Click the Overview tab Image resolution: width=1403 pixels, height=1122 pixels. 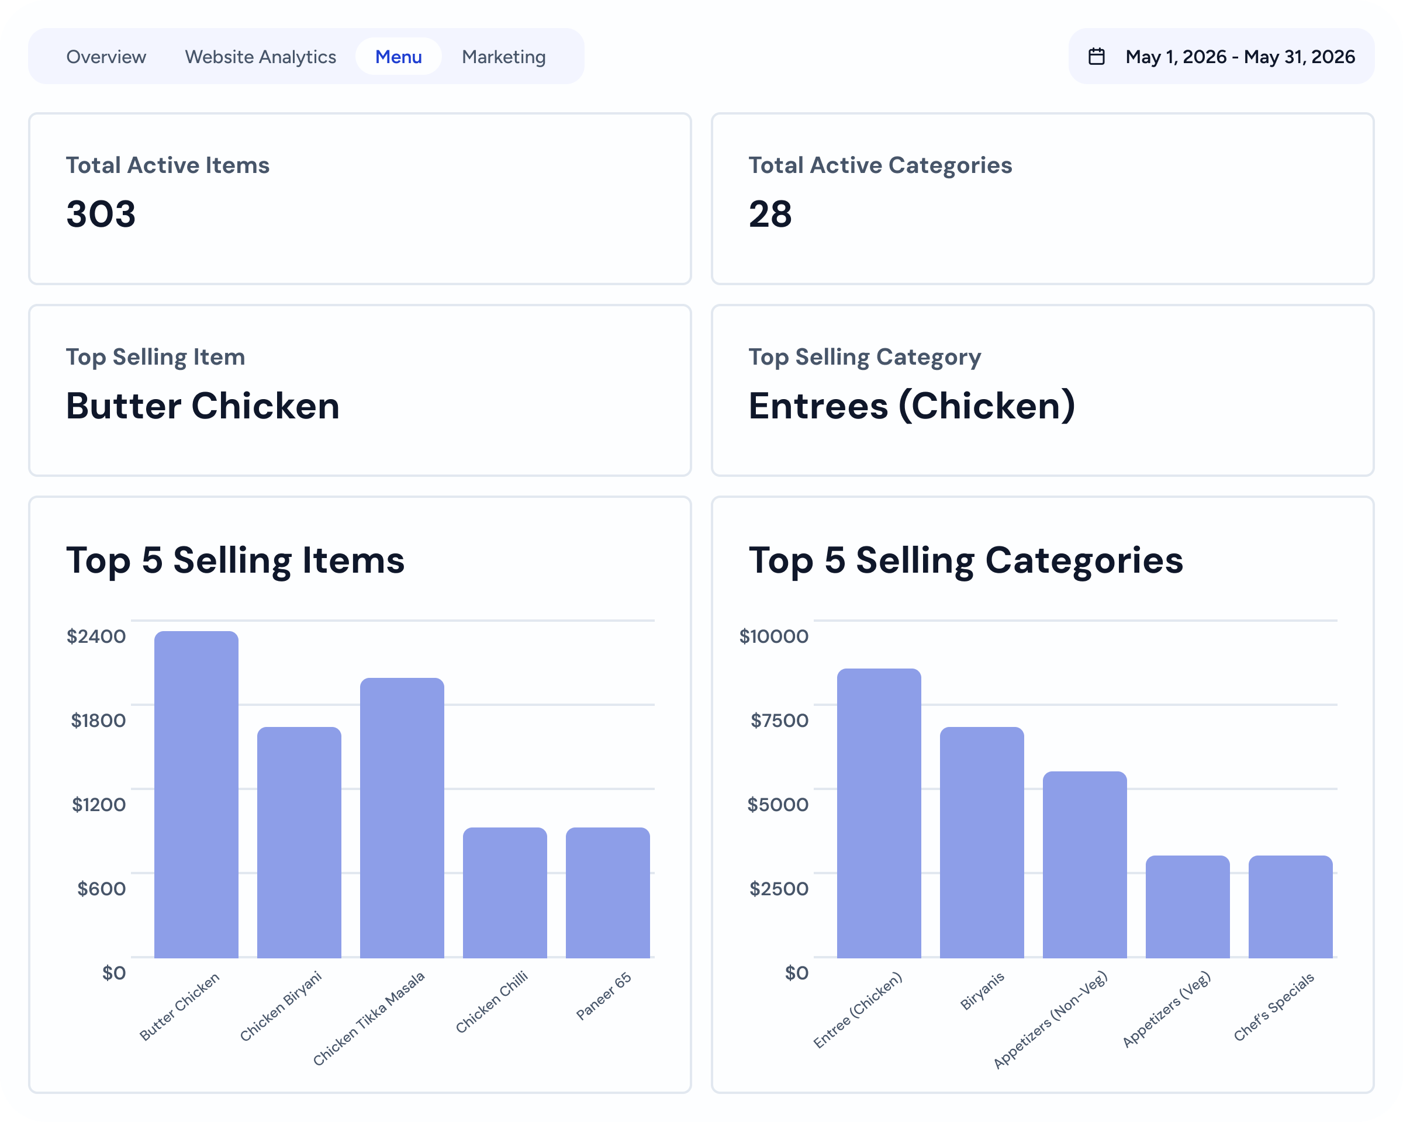pos(106,57)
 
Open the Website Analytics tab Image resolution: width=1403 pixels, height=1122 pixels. pos(260,57)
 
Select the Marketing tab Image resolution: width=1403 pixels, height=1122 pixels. pos(504,57)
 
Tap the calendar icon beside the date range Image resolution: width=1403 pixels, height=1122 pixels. pos(1097,57)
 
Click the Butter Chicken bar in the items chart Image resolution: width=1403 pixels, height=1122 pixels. pos(196,794)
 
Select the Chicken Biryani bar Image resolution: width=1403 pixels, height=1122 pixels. pos(299,842)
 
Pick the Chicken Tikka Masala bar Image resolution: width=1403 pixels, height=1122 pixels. pos(402,818)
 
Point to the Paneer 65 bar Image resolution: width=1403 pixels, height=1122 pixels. pos(608,892)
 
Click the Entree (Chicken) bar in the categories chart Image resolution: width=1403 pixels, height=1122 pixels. pos(879,813)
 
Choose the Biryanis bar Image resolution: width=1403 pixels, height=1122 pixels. pos(982,842)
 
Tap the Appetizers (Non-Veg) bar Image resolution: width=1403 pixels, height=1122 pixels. pos(1085,864)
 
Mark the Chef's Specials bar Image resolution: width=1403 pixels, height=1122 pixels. pos(1290,907)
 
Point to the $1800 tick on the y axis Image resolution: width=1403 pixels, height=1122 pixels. pos(98,720)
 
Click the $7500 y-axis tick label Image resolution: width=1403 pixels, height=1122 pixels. pos(779,720)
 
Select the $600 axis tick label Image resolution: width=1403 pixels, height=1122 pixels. pos(102,888)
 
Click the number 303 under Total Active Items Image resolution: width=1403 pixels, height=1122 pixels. pos(101,214)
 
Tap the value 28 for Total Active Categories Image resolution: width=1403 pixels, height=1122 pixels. pos(770,214)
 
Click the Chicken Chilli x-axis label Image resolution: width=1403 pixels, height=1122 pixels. pos(491,1002)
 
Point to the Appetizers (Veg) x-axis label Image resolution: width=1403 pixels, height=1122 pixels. pos(1166,1009)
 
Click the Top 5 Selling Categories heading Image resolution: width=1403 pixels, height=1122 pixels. pos(966,560)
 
